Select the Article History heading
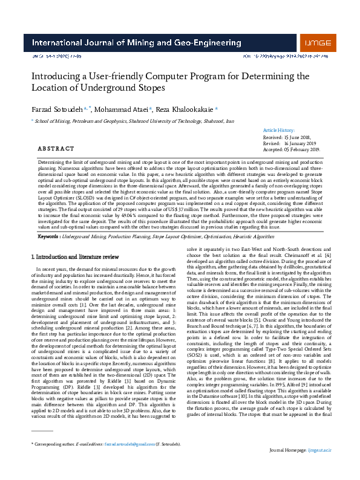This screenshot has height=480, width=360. (279, 131)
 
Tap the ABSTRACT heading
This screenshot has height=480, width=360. (56, 149)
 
